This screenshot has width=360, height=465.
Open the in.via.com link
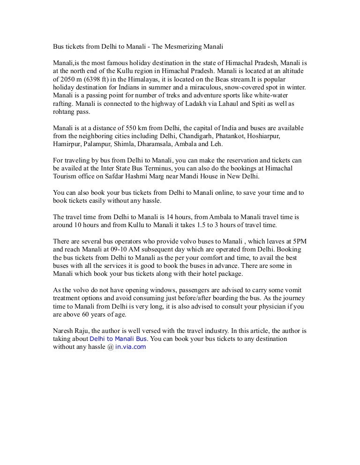point(131,347)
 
